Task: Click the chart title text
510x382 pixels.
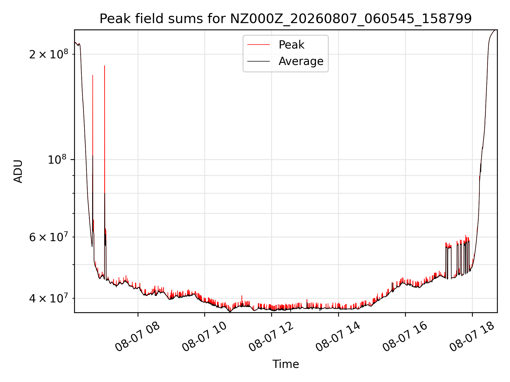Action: click(286, 19)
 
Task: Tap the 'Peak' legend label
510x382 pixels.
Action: click(291, 45)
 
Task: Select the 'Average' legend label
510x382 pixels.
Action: click(301, 61)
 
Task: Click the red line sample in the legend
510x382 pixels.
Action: click(258, 45)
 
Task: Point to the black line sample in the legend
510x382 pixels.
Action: click(258, 61)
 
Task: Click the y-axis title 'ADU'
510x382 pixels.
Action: click(18, 171)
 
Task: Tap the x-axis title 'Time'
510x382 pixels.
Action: click(286, 364)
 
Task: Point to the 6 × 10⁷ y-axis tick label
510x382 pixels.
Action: click(49, 237)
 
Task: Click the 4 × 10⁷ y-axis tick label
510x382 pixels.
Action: click(49, 298)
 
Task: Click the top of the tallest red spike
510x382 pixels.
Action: click(105, 66)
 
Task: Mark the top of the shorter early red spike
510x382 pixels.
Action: click(93, 75)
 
